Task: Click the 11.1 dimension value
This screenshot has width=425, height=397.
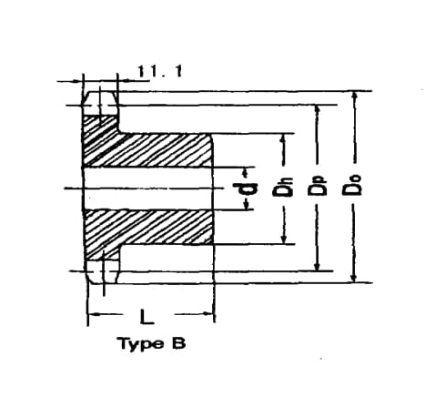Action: [160, 71]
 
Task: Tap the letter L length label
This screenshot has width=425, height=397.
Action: [147, 317]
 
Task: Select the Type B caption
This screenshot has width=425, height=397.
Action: [153, 343]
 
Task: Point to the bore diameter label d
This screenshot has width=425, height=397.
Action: [245, 188]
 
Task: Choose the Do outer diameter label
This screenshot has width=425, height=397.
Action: [352, 185]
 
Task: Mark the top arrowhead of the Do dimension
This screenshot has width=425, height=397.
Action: [353, 97]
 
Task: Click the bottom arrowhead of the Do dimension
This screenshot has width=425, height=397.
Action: [353, 277]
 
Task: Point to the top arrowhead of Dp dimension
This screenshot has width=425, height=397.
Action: [318, 110]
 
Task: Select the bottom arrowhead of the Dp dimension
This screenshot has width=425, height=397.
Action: [318, 265]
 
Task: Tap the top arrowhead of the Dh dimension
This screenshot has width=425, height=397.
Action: [283, 139]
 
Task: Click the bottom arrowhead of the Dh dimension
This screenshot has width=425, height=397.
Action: [284, 239]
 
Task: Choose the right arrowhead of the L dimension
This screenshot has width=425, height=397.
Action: [208, 314]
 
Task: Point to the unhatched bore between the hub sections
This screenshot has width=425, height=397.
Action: [147, 188]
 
